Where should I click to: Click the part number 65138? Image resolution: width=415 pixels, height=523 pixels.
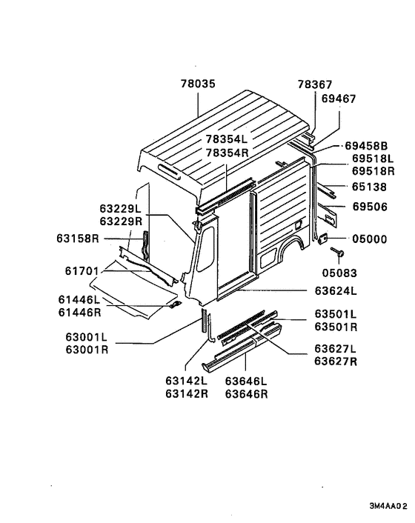pyautogui.click(x=370, y=188)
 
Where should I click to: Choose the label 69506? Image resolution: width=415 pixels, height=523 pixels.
pyautogui.click(x=370, y=207)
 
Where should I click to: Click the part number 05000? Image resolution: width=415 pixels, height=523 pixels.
pyautogui.click(x=370, y=239)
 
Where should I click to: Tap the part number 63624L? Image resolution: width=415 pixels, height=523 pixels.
pyautogui.click(x=336, y=291)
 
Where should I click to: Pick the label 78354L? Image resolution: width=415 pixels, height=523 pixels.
pyautogui.click(x=229, y=139)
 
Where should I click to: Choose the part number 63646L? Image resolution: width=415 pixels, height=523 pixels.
pyautogui.click(x=246, y=382)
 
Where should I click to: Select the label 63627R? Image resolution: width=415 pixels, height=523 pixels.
pyautogui.click(x=336, y=362)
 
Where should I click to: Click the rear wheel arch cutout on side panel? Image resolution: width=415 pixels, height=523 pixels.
pyautogui.click(x=290, y=254)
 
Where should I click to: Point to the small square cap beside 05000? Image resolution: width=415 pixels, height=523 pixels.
pyautogui.click(x=323, y=239)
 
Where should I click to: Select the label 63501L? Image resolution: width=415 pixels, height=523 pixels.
pyautogui.click(x=336, y=314)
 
